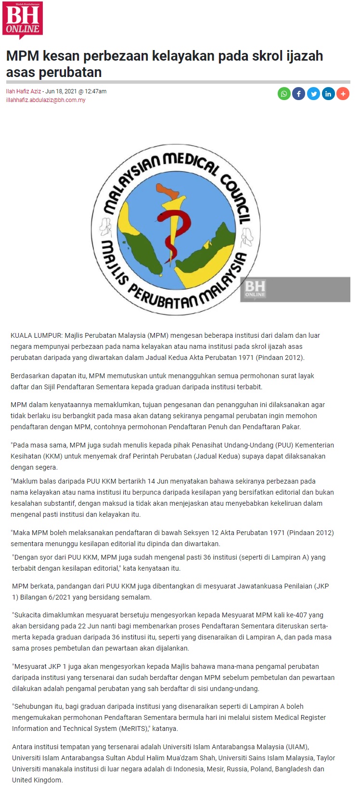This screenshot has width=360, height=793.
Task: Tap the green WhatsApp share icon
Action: [x=284, y=94]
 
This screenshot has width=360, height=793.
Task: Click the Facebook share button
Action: [x=299, y=94]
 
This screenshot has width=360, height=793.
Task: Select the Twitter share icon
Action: [x=314, y=94]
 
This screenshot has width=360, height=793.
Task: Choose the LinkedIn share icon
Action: [x=328, y=94]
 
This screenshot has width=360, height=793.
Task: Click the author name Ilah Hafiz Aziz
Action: [x=23, y=91]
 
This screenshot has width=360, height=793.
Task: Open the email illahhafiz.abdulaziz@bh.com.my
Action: [x=46, y=100]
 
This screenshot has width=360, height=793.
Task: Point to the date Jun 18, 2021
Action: [x=60, y=91]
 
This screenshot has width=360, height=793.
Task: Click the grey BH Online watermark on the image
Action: [x=255, y=289]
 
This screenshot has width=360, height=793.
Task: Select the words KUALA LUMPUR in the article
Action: [x=36, y=335]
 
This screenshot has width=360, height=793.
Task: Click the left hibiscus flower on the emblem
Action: [x=106, y=227]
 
